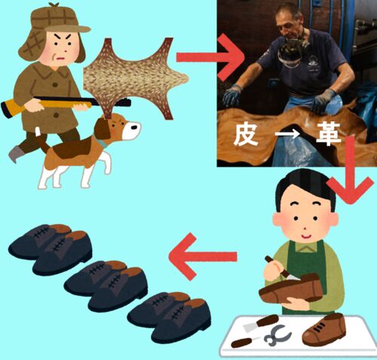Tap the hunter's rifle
(66, 103)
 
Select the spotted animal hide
(136, 78)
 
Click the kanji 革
(329, 135)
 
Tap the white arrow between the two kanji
(287, 135)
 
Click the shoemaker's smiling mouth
(305, 236)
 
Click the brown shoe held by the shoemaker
(290, 288)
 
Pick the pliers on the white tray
(277, 334)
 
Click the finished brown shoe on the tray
(324, 329)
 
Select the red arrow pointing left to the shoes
(203, 256)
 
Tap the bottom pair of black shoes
(169, 317)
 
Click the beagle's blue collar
(103, 143)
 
